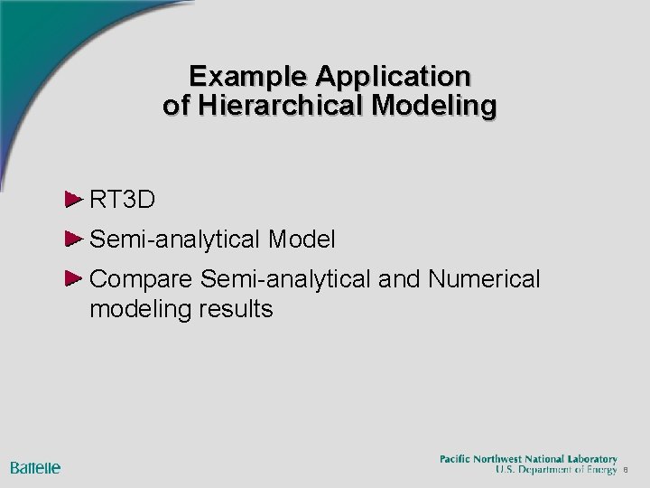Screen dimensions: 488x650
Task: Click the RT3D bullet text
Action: point(123,199)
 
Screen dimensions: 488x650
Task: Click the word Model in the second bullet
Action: point(302,239)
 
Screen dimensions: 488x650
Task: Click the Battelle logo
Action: point(35,467)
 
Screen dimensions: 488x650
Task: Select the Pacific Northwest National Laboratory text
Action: point(528,459)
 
